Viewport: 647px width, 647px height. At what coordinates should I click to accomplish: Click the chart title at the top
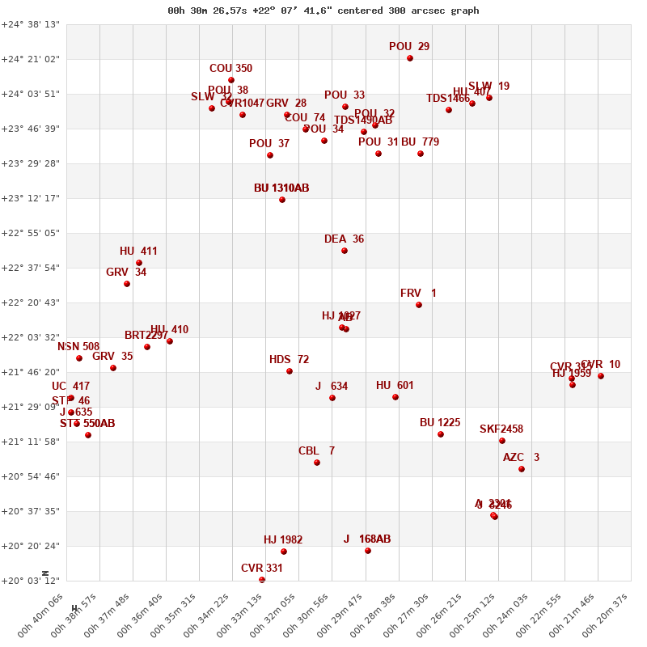[x=323, y=11]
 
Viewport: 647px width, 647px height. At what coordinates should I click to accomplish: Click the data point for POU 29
[x=410, y=58]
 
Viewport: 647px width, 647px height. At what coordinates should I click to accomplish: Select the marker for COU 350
[x=231, y=80]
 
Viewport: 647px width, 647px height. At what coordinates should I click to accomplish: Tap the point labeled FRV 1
[x=419, y=305]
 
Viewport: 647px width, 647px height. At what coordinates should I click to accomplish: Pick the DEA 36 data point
[x=345, y=251]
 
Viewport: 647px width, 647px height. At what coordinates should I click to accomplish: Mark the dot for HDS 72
[x=290, y=371]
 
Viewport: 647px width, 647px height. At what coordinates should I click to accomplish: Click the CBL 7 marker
[x=317, y=463]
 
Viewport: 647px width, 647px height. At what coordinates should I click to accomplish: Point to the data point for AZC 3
[x=522, y=469]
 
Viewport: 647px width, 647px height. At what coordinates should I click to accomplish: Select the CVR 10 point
[x=601, y=376]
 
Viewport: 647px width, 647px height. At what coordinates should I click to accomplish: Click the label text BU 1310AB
[x=281, y=188]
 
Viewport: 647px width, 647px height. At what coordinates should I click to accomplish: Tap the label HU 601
[x=395, y=386]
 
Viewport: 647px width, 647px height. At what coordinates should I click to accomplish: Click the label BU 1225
[x=440, y=423]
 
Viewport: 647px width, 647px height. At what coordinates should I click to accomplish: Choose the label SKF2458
[x=501, y=429]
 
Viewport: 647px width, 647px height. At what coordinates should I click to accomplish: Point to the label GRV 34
[x=126, y=273]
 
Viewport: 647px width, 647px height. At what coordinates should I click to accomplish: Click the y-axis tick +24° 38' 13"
[x=31, y=24]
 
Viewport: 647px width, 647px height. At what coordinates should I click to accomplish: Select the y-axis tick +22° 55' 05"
[x=31, y=233]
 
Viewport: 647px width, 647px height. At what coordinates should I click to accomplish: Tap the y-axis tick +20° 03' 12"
[x=31, y=581]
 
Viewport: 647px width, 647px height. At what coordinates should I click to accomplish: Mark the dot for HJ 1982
[x=284, y=552]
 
